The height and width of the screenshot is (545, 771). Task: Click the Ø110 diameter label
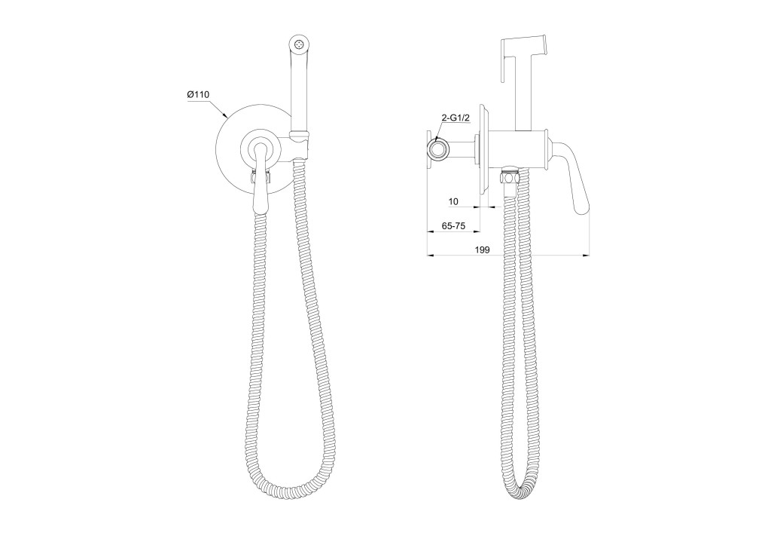pyautogui.click(x=198, y=94)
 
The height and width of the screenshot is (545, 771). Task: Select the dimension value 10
pyautogui.click(x=453, y=201)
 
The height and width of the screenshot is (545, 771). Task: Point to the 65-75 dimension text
pyautogui.click(x=453, y=225)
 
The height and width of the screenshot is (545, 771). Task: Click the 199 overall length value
pyautogui.click(x=483, y=250)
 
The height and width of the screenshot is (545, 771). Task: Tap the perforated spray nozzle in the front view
pyautogui.click(x=299, y=44)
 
